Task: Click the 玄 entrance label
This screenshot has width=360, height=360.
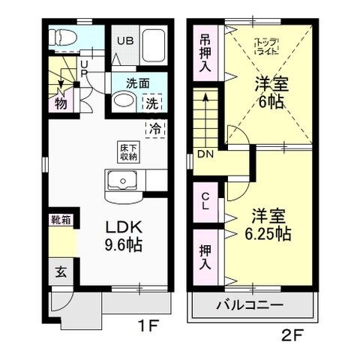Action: pos(58,272)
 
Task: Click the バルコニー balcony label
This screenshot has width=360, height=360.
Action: pos(250,305)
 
